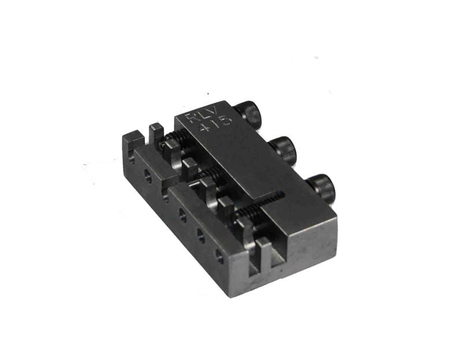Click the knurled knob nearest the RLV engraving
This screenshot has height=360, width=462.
(x=248, y=114)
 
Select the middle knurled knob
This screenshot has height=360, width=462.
(x=283, y=150)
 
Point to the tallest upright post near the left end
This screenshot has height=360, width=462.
(x=156, y=135)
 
